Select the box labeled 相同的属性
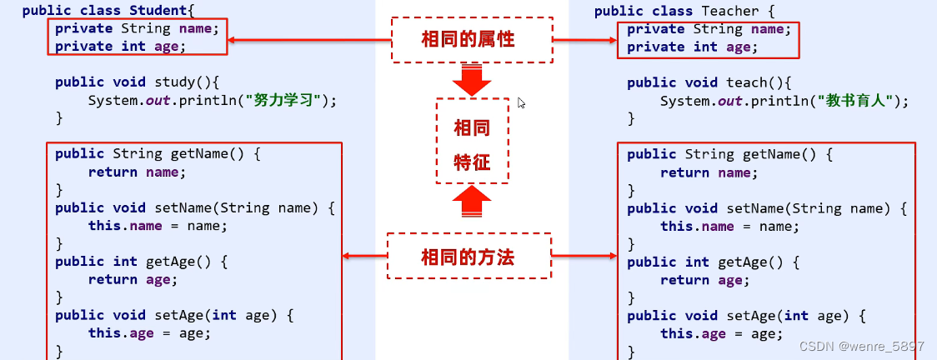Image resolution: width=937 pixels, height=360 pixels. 472,39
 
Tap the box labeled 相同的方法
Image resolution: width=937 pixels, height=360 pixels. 469,256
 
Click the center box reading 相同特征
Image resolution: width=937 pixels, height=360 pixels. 472,141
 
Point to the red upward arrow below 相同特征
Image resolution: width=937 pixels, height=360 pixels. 472,201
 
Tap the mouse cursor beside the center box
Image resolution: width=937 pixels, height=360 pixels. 521,102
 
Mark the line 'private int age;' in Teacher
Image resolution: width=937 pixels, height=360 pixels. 693,47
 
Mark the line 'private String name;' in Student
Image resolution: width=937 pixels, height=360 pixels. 137,28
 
